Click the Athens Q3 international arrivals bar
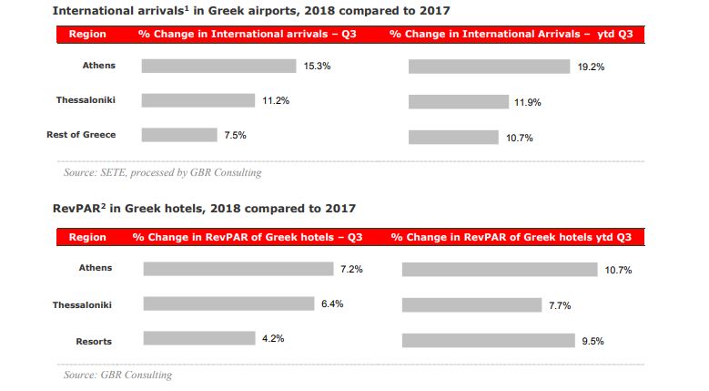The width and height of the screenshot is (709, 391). [218, 67]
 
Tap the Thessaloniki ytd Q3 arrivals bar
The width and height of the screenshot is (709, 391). [458, 102]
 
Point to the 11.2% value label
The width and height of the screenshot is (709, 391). [276, 100]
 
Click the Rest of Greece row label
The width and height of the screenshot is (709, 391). [81, 135]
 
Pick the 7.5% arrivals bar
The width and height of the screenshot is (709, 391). [178, 135]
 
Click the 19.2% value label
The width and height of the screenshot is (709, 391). [592, 67]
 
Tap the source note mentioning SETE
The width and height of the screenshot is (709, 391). [162, 172]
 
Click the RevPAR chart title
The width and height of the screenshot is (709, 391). [204, 209]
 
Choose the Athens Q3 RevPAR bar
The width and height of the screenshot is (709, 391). [238, 269]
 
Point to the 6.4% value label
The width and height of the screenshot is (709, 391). [332, 304]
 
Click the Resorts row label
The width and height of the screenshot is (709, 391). [94, 342]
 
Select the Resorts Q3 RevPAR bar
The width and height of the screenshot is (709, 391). [199, 338]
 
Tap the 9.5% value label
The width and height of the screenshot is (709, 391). [593, 341]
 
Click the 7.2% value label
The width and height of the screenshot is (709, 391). [352, 270]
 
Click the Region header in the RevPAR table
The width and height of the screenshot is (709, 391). [87, 238]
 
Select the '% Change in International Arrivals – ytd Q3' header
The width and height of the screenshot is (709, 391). [511, 35]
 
